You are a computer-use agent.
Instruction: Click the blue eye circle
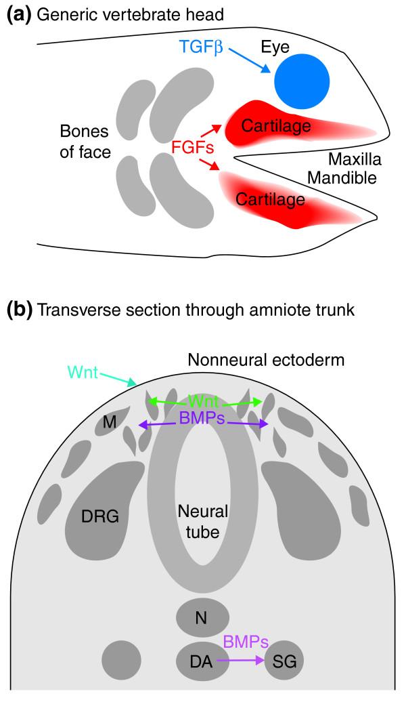click(302, 81)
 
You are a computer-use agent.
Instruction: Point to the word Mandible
click(342, 178)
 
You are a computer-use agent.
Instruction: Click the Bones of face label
click(85, 141)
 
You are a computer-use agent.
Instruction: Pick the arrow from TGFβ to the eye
click(249, 60)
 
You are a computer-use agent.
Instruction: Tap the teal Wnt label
click(83, 371)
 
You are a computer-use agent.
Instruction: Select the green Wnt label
click(204, 400)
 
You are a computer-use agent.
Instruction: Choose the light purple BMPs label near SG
click(245, 642)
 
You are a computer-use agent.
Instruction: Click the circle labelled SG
click(284, 661)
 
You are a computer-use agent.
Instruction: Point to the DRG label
click(100, 516)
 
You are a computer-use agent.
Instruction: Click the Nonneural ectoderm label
click(266, 360)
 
